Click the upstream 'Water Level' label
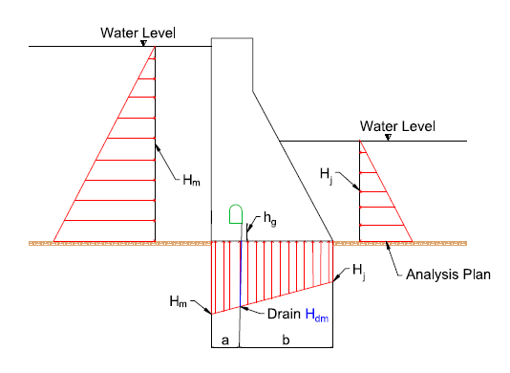[x=138, y=33]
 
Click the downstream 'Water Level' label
[x=397, y=126]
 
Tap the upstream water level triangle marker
[x=143, y=43]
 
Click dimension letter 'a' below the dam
[x=224, y=339]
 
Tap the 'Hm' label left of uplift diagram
[x=178, y=302]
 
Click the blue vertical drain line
[x=241, y=277]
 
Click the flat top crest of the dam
[x=233, y=37]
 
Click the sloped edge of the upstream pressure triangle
[x=105, y=143]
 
